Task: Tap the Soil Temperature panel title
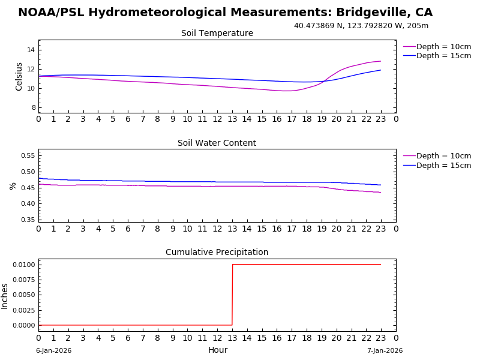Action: pyautogui.click(x=217, y=34)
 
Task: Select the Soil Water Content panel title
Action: pyautogui.click(x=217, y=143)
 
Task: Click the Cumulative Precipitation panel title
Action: pyautogui.click(x=217, y=253)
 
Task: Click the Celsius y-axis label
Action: pyautogui.click(x=19, y=76)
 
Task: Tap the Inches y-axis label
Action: pyautogui.click(x=5, y=296)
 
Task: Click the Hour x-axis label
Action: pyautogui.click(x=217, y=350)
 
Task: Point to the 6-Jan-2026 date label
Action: pyautogui.click(x=53, y=351)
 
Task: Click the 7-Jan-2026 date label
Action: pyautogui.click(x=385, y=351)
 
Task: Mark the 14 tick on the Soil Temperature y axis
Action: pyautogui.click(x=31, y=50)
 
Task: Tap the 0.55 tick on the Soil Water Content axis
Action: pyautogui.click(x=28, y=155)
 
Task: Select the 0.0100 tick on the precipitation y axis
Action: pyautogui.click(x=25, y=265)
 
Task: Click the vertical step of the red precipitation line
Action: pyautogui.click(x=232, y=295)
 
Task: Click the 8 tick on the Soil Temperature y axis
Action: pyautogui.click(x=33, y=107)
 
